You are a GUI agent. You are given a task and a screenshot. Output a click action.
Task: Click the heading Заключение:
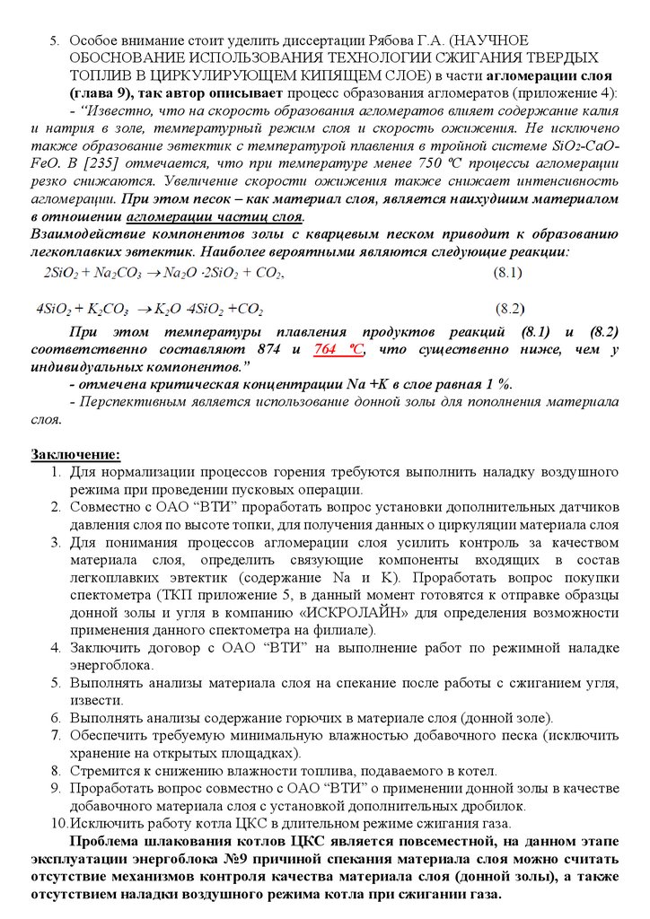point(75,455)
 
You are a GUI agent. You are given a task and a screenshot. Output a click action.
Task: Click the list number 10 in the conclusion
point(58,823)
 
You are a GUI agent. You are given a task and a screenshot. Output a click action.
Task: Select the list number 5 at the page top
point(54,41)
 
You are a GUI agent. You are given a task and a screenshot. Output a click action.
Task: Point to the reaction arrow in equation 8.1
point(140,272)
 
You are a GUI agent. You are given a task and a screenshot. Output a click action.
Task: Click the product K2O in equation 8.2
point(168,310)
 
